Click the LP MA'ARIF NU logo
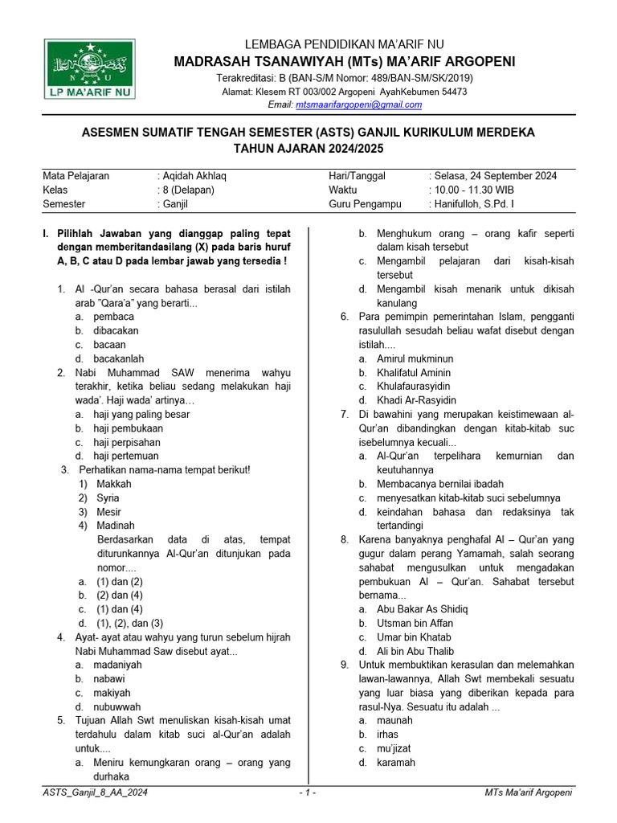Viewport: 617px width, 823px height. click(x=90, y=70)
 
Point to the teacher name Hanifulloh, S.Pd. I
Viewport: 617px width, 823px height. click(x=474, y=204)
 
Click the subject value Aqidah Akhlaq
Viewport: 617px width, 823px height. click(x=190, y=176)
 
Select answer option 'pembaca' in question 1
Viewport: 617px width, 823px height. click(x=114, y=317)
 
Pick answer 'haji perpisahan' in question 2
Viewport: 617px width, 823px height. click(x=127, y=442)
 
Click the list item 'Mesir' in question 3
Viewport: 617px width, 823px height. click(x=109, y=512)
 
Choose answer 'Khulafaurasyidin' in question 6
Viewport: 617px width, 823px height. click(x=415, y=387)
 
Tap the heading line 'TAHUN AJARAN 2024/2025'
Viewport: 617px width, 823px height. click(x=308, y=149)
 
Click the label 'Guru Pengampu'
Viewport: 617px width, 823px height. click(x=362, y=204)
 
